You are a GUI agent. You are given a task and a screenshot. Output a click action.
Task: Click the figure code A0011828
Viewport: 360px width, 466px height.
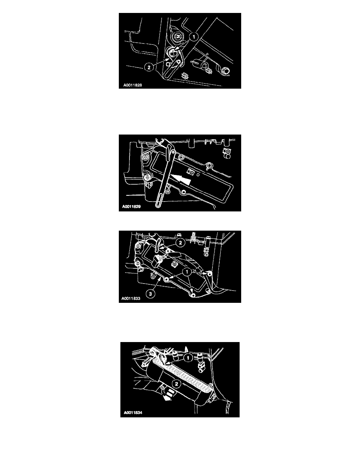(x=133, y=85)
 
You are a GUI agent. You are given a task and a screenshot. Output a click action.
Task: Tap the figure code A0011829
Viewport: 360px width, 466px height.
(x=131, y=207)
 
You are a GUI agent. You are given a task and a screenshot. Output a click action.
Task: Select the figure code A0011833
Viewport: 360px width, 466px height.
(x=131, y=299)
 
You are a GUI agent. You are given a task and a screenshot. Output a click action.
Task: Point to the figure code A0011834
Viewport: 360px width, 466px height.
(x=133, y=413)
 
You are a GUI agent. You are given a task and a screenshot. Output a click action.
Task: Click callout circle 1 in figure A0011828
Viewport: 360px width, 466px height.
(x=194, y=37)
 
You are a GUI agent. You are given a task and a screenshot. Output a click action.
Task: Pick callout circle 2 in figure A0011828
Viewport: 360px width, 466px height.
(x=149, y=67)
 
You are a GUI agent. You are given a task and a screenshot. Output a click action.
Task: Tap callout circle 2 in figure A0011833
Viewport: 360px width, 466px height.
(x=180, y=243)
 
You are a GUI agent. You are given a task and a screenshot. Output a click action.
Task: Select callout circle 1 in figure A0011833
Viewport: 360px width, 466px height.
(x=187, y=271)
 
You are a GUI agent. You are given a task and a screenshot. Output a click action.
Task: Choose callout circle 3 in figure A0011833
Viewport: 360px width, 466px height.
(x=151, y=294)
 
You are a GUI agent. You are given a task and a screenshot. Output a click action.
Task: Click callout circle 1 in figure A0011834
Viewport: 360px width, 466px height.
(x=188, y=358)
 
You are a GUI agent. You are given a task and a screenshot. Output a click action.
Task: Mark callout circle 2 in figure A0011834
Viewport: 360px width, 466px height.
(x=176, y=384)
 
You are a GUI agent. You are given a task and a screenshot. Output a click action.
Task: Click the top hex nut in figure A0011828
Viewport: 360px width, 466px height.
(x=177, y=37)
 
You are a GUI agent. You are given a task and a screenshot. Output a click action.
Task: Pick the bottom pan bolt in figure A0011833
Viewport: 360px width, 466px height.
(x=193, y=295)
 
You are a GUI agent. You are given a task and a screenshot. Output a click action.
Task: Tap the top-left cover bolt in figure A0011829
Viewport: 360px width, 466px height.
(x=145, y=158)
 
